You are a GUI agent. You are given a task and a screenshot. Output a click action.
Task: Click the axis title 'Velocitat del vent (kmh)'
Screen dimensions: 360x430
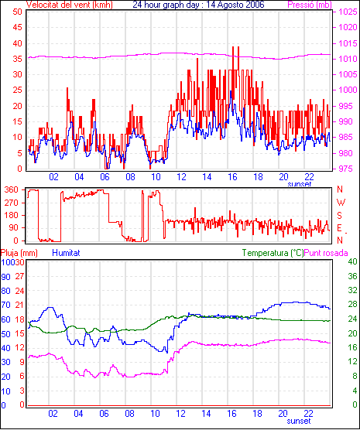point(70,5)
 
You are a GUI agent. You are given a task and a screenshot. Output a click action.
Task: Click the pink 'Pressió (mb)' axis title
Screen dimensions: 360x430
point(310,5)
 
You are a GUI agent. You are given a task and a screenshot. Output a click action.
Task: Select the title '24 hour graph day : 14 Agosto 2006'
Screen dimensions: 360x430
point(198,5)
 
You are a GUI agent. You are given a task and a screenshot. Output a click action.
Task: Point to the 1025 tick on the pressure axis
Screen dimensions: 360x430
point(348,12)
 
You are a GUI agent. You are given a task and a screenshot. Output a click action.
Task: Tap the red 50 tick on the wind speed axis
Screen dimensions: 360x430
point(17,12)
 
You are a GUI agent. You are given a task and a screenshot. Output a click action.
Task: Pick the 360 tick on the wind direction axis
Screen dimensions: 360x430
point(12,189)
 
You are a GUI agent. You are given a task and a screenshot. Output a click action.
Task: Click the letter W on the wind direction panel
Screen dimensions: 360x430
point(341,203)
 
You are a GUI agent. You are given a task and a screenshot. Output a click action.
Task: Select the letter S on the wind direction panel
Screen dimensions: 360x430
point(340,216)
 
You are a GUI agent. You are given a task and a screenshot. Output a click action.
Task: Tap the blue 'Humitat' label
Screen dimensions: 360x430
point(66,253)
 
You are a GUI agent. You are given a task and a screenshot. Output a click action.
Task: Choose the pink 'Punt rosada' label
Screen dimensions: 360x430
point(326,253)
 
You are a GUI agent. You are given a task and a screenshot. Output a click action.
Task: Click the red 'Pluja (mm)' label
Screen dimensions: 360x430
point(19,253)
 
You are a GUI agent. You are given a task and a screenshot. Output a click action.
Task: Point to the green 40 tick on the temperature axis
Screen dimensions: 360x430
point(353,261)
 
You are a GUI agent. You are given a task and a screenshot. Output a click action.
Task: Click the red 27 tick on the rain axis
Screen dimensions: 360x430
point(19,276)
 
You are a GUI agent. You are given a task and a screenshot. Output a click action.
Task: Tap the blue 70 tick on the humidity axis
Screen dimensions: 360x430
point(5,305)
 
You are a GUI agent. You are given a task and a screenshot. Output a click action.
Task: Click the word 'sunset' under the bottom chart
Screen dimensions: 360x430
point(299,421)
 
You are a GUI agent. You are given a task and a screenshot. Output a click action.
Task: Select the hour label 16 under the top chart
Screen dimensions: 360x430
point(232,177)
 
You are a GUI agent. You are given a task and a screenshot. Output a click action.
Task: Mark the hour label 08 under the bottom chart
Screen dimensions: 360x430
point(129,413)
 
